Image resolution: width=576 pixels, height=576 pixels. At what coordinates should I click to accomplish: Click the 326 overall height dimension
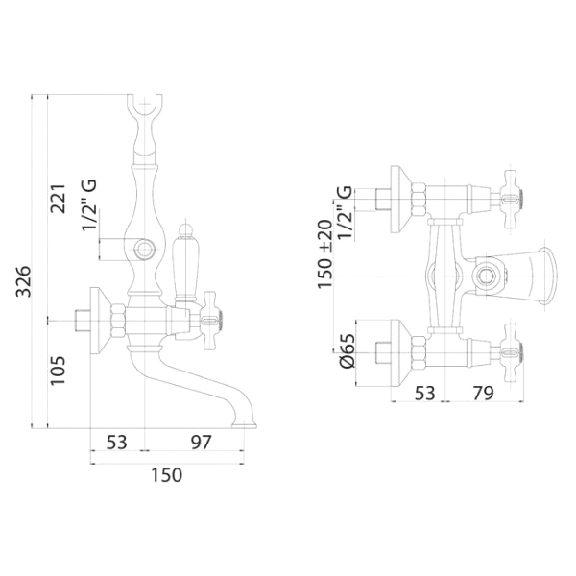point(24,281)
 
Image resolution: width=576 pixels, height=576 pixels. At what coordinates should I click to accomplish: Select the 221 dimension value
point(58,199)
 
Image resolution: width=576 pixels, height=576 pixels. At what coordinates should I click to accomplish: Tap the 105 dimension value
point(58,371)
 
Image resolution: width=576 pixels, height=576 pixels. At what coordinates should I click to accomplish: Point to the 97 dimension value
point(202,443)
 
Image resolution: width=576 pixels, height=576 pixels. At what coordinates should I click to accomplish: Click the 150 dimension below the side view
point(167,475)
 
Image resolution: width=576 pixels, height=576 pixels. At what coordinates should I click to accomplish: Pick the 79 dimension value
point(483,394)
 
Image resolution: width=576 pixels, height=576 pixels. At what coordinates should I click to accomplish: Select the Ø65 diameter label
point(348,350)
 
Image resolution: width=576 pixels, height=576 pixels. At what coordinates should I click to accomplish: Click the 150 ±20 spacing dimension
point(325,254)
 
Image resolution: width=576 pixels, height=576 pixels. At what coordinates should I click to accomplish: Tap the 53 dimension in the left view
point(116,443)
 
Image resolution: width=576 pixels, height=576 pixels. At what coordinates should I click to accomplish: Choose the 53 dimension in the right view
point(424,394)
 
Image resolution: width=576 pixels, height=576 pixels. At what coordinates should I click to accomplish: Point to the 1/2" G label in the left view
point(89,205)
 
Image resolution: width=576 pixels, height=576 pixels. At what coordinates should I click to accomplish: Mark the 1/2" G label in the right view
point(346,213)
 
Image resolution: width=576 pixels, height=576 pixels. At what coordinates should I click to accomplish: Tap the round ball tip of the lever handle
point(185,229)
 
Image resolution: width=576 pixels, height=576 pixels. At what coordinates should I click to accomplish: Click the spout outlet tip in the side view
point(244,425)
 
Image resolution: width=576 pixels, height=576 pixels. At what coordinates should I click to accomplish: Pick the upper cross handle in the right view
point(513,200)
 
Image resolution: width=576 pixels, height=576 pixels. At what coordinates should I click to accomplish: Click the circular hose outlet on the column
point(144,250)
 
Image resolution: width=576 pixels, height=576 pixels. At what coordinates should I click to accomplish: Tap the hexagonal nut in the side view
point(119,321)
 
